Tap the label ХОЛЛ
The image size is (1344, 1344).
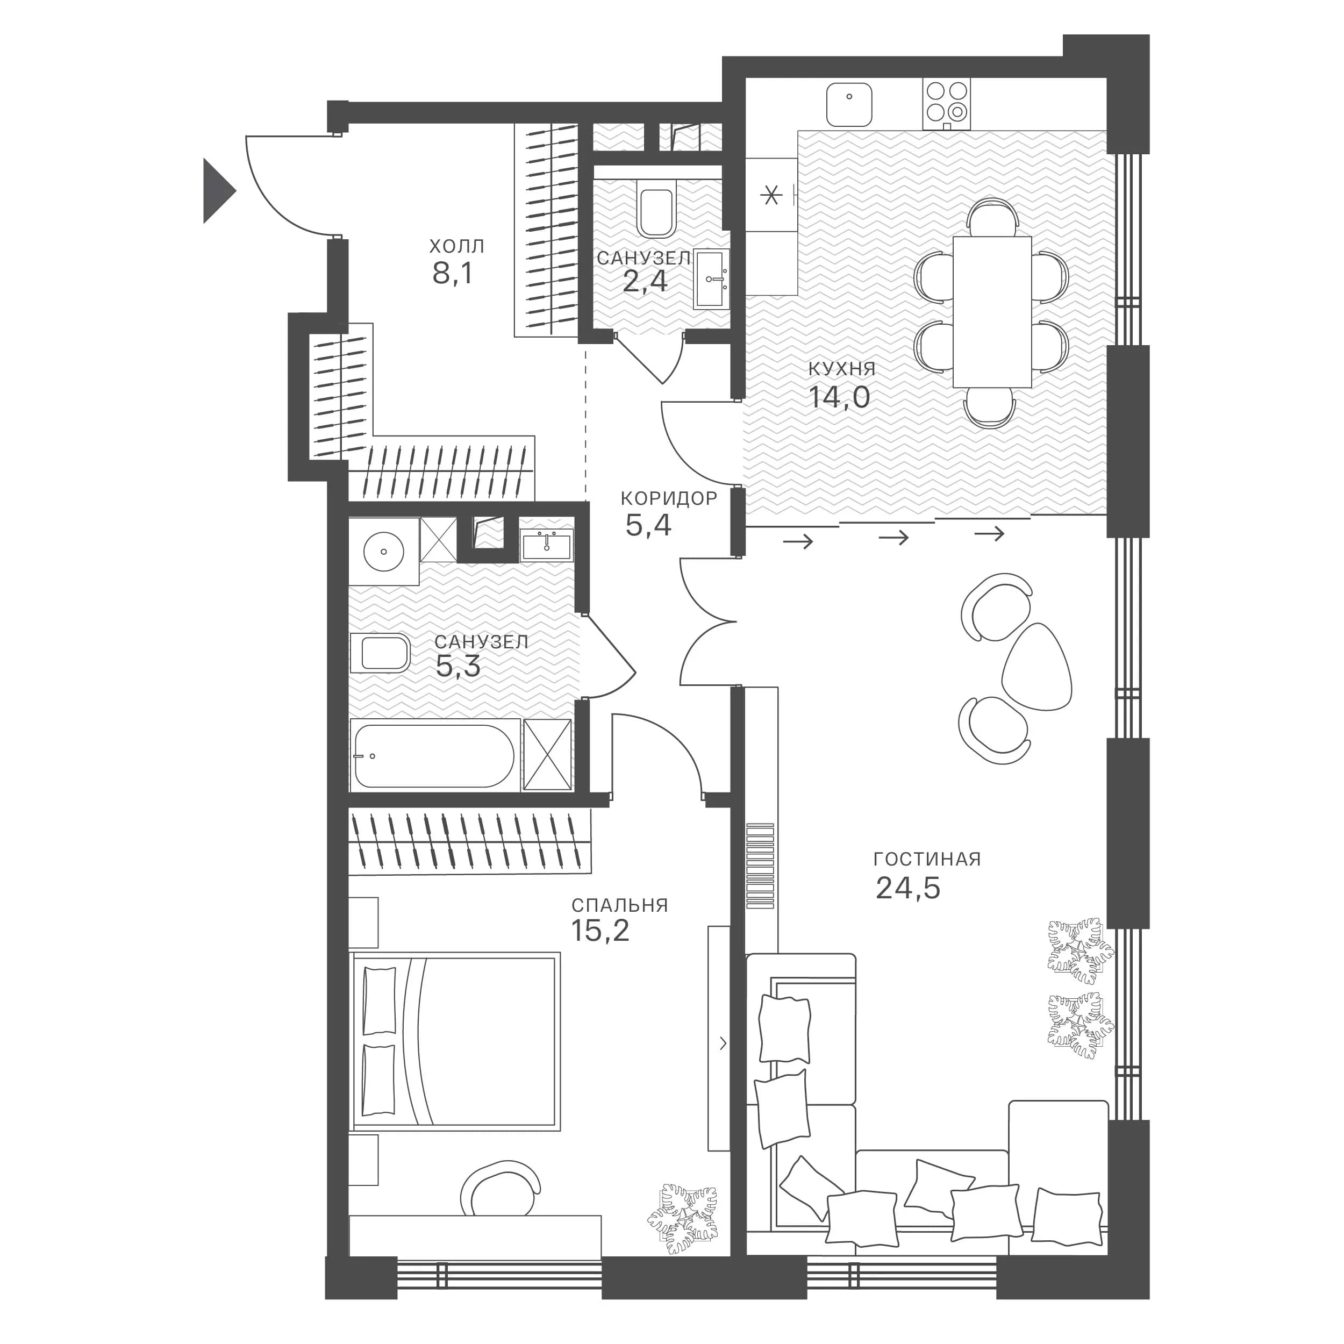tap(457, 246)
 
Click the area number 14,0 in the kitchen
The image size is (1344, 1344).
tap(839, 397)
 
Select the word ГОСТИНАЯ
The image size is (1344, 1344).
tap(927, 859)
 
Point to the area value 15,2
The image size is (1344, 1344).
tap(600, 931)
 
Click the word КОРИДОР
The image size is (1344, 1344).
tap(669, 498)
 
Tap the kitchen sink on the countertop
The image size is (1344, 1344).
tap(849, 105)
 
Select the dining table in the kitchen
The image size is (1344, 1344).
tap(992, 312)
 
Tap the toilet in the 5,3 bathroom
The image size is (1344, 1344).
tap(380, 653)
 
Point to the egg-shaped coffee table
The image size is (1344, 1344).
tap(1036, 667)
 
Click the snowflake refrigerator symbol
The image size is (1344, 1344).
tap(771, 196)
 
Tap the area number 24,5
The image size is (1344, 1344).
tap(908, 888)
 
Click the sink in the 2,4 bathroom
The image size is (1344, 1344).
tap(712, 279)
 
